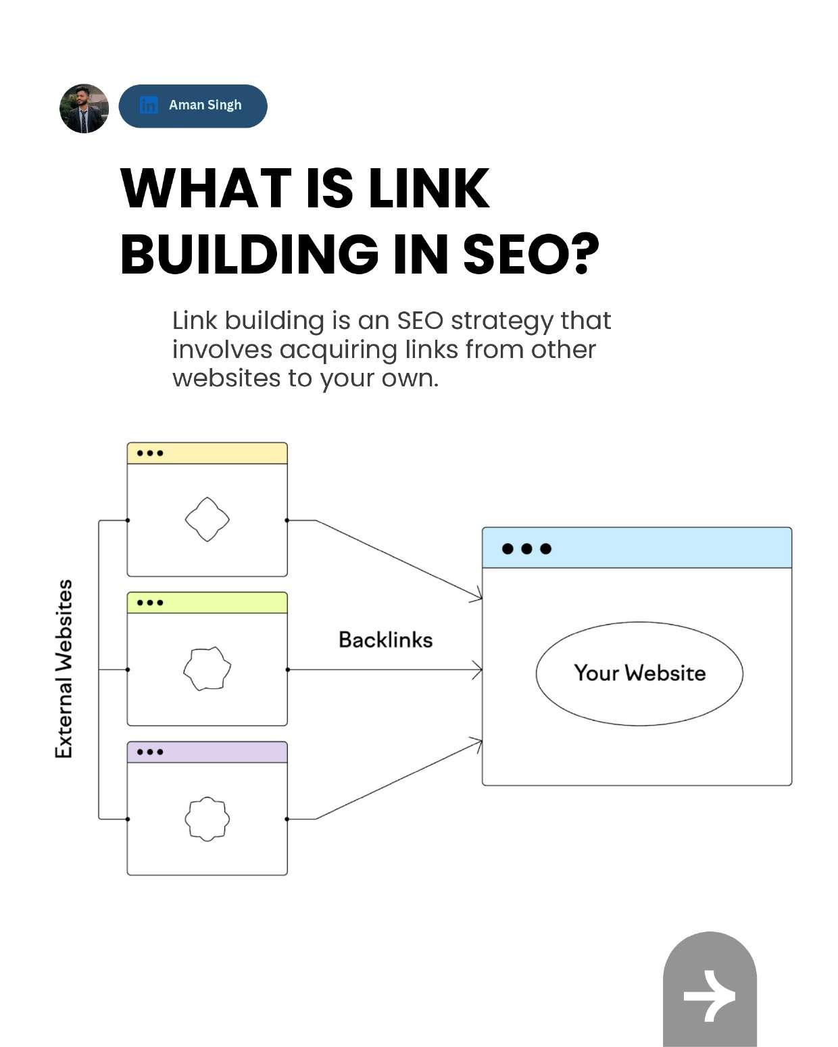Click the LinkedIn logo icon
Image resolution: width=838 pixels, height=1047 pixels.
pos(148,105)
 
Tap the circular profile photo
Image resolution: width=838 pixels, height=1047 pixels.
pos(84,108)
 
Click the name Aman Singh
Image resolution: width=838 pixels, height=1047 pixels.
pos(205,105)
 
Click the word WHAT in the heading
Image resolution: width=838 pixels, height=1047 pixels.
pos(201,188)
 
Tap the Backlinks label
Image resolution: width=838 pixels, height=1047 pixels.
pos(385,640)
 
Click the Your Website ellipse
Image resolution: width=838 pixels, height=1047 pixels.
pos(639,673)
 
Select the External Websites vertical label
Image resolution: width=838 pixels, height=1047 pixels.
pos(64,669)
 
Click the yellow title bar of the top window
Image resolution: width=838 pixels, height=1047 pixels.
pos(207,453)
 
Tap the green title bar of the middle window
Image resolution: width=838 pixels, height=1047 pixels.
pos(207,603)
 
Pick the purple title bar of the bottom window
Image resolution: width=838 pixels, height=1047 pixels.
pos(207,752)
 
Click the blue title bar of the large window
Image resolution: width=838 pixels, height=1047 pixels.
pos(637,548)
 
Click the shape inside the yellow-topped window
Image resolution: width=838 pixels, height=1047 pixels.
pos(207,519)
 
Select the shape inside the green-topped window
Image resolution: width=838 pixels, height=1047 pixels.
pos(207,669)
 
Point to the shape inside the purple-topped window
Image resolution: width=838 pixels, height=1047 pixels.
pos(207,819)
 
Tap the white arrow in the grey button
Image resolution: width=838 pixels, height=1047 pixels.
pos(709,996)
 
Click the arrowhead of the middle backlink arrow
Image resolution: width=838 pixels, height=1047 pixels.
pos(478,670)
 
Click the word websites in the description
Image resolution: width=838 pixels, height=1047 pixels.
pos(226,378)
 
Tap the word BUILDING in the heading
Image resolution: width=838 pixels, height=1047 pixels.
pos(249,255)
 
